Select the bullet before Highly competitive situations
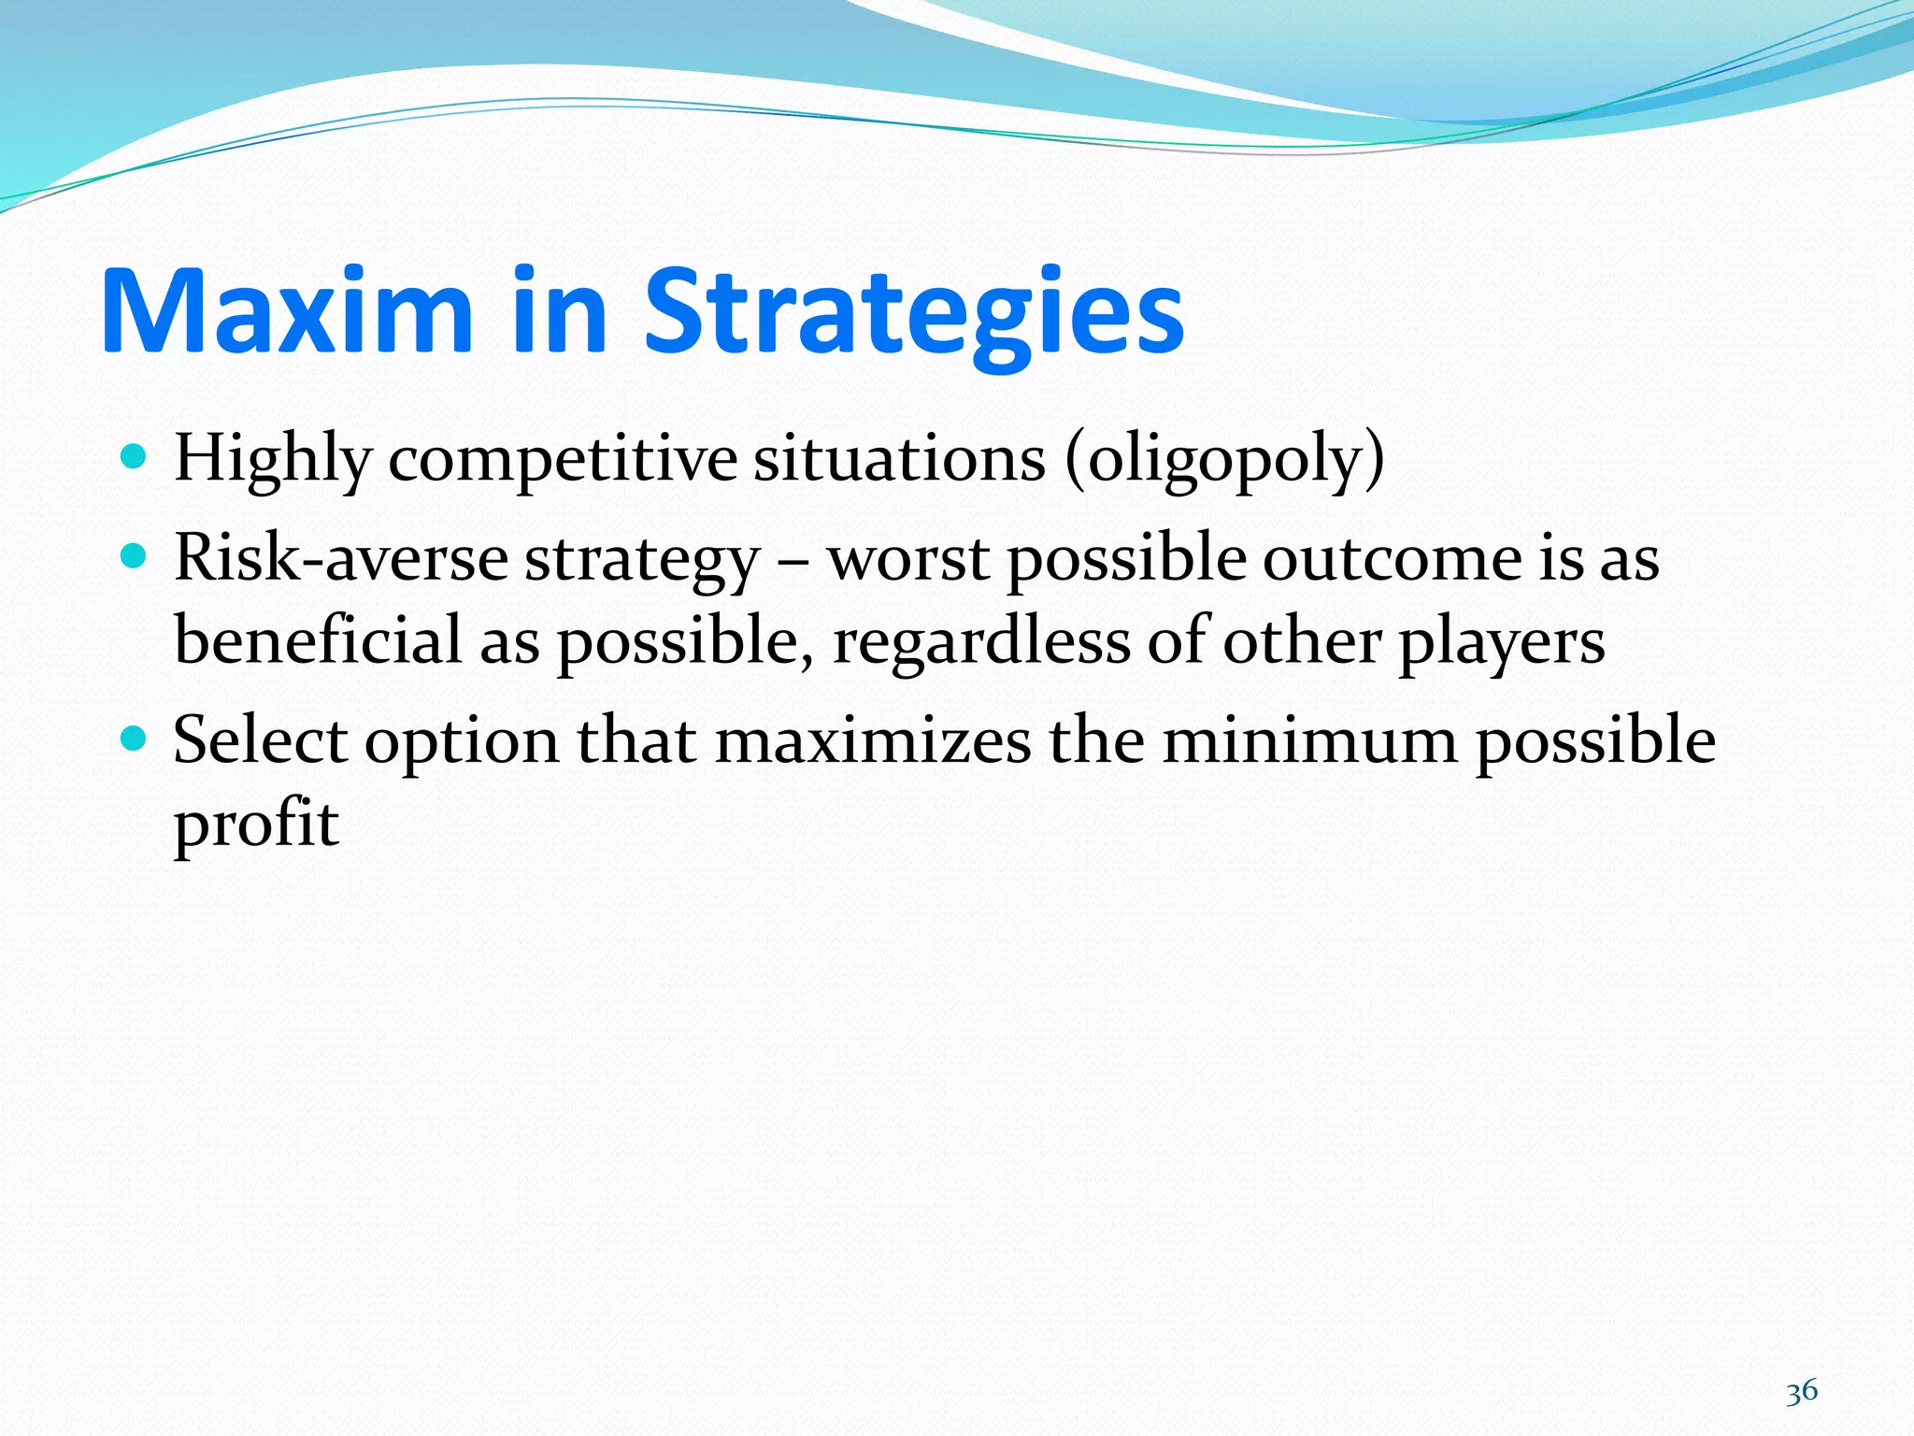pyautogui.click(x=135, y=457)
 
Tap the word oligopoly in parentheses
pyautogui.click(x=1224, y=460)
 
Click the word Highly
pyautogui.click(x=272, y=460)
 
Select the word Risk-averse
pyautogui.click(x=341, y=558)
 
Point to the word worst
pyautogui.click(x=908, y=559)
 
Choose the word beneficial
pyautogui.click(x=318, y=640)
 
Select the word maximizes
pyautogui.click(x=873, y=740)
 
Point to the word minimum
pyautogui.click(x=1308, y=740)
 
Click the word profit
pyautogui.click(x=256, y=825)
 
